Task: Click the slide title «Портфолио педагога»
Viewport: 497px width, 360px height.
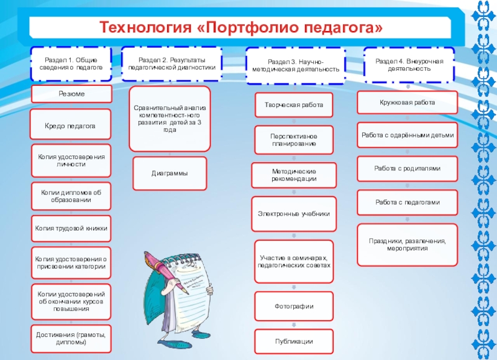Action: (241, 27)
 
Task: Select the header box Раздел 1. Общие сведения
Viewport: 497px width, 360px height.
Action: (71, 63)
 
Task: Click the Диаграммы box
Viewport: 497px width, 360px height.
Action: (170, 174)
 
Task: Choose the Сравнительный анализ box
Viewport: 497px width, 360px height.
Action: (170, 119)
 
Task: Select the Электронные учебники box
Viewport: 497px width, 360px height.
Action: (294, 213)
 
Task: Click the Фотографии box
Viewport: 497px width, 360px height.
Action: (294, 307)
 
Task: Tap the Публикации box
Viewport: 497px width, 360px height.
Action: (294, 341)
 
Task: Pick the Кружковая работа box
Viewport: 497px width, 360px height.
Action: (408, 102)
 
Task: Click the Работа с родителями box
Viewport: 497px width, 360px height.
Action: (408, 168)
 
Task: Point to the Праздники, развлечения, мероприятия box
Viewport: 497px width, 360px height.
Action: (408, 244)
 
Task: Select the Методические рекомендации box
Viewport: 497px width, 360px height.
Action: (294, 175)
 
